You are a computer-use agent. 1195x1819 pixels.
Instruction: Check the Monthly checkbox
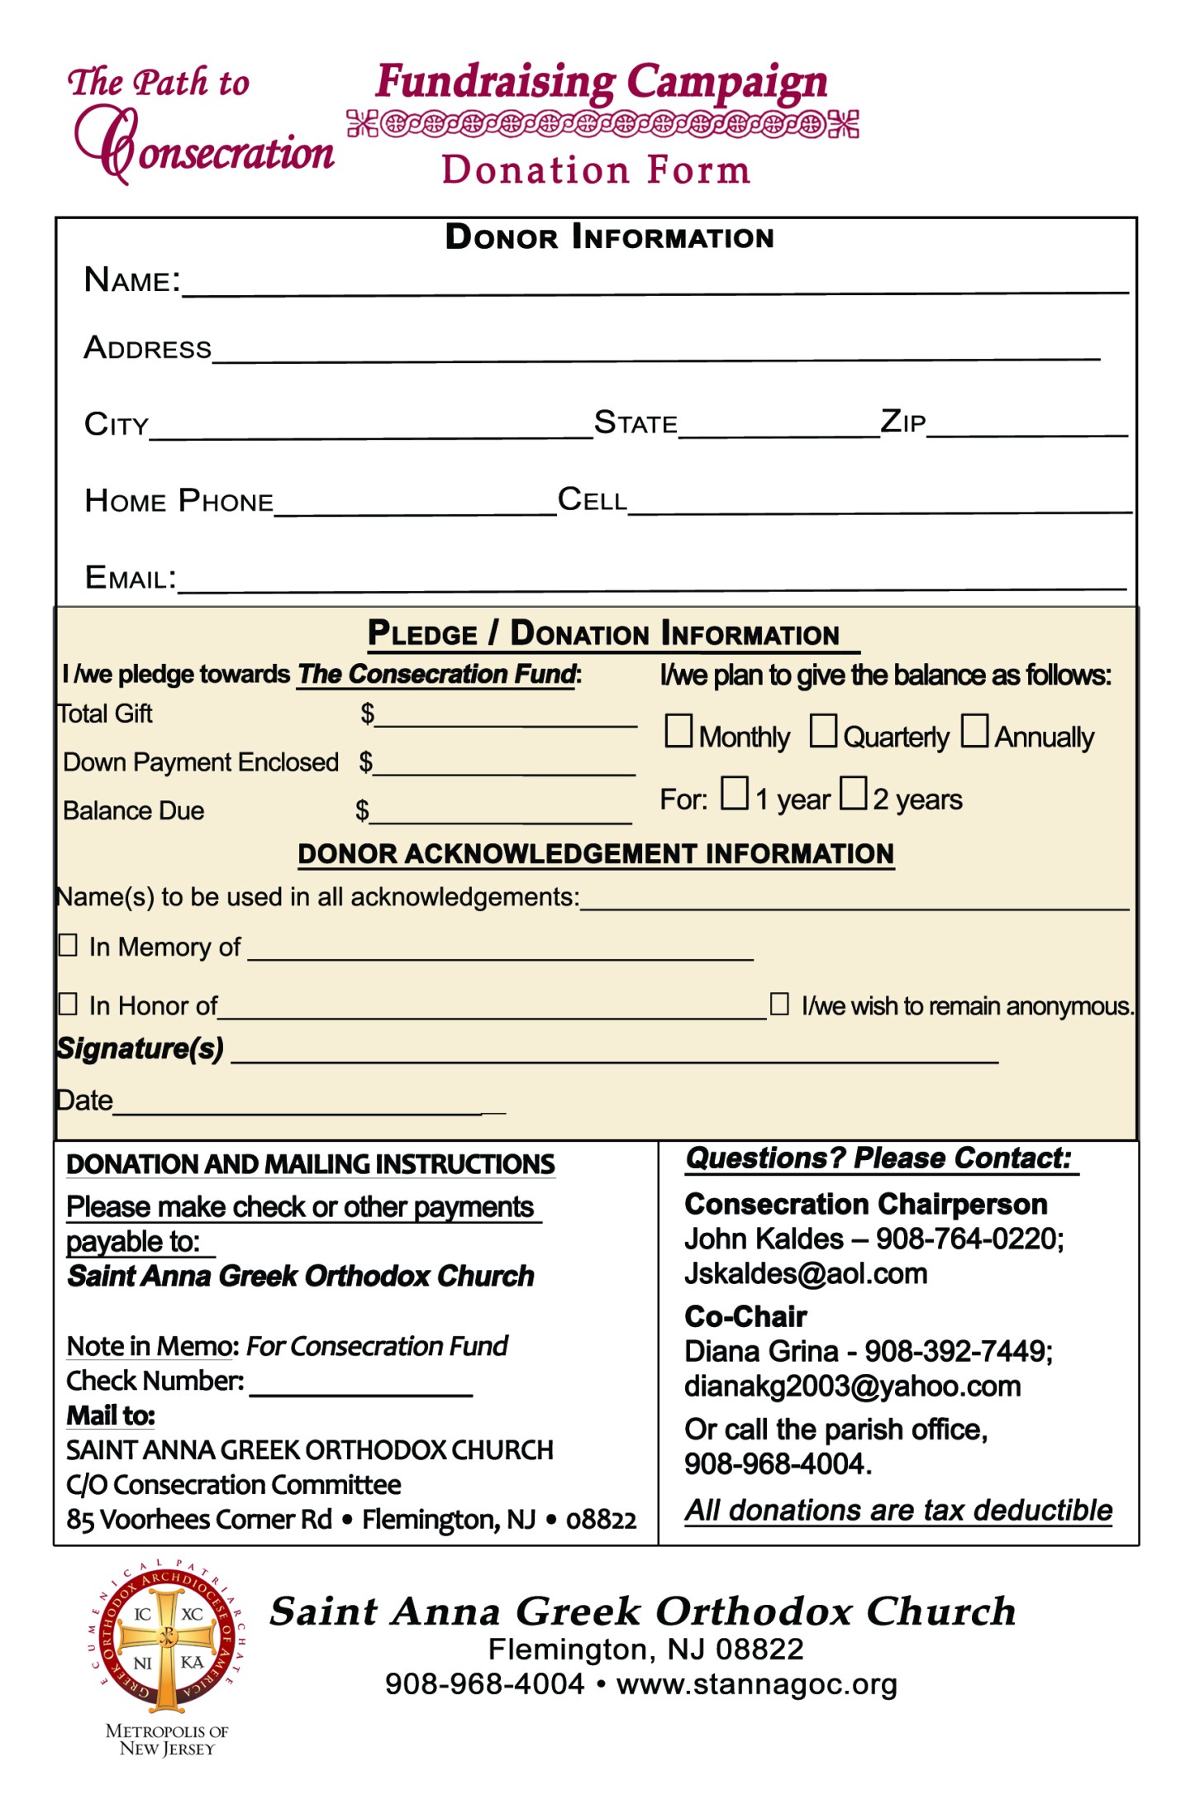click(678, 731)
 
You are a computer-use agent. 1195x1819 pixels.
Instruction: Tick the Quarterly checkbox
click(822, 731)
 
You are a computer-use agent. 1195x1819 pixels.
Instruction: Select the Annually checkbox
click(974, 731)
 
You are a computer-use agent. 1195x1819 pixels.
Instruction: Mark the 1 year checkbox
click(734, 793)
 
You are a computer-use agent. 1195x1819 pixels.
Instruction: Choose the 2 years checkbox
click(853, 793)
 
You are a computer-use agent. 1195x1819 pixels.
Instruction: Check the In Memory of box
click(68, 945)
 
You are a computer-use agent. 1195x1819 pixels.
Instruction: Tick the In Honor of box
click(68, 1004)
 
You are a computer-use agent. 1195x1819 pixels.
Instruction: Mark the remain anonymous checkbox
click(779, 1004)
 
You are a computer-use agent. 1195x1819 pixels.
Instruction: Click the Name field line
click(653, 285)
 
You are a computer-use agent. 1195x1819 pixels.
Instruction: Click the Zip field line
click(1026, 427)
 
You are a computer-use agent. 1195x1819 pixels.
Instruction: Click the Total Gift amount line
click(506, 718)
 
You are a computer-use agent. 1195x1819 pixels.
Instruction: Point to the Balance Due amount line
click(501, 814)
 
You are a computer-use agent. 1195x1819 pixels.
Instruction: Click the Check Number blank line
click(360, 1387)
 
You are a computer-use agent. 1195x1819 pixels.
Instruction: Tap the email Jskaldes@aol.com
click(806, 1274)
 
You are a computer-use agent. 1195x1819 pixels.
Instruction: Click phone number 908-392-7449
click(957, 1352)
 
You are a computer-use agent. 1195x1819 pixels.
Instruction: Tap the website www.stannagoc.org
click(756, 1684)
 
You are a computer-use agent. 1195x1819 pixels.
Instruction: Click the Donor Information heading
click(609, 237)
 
